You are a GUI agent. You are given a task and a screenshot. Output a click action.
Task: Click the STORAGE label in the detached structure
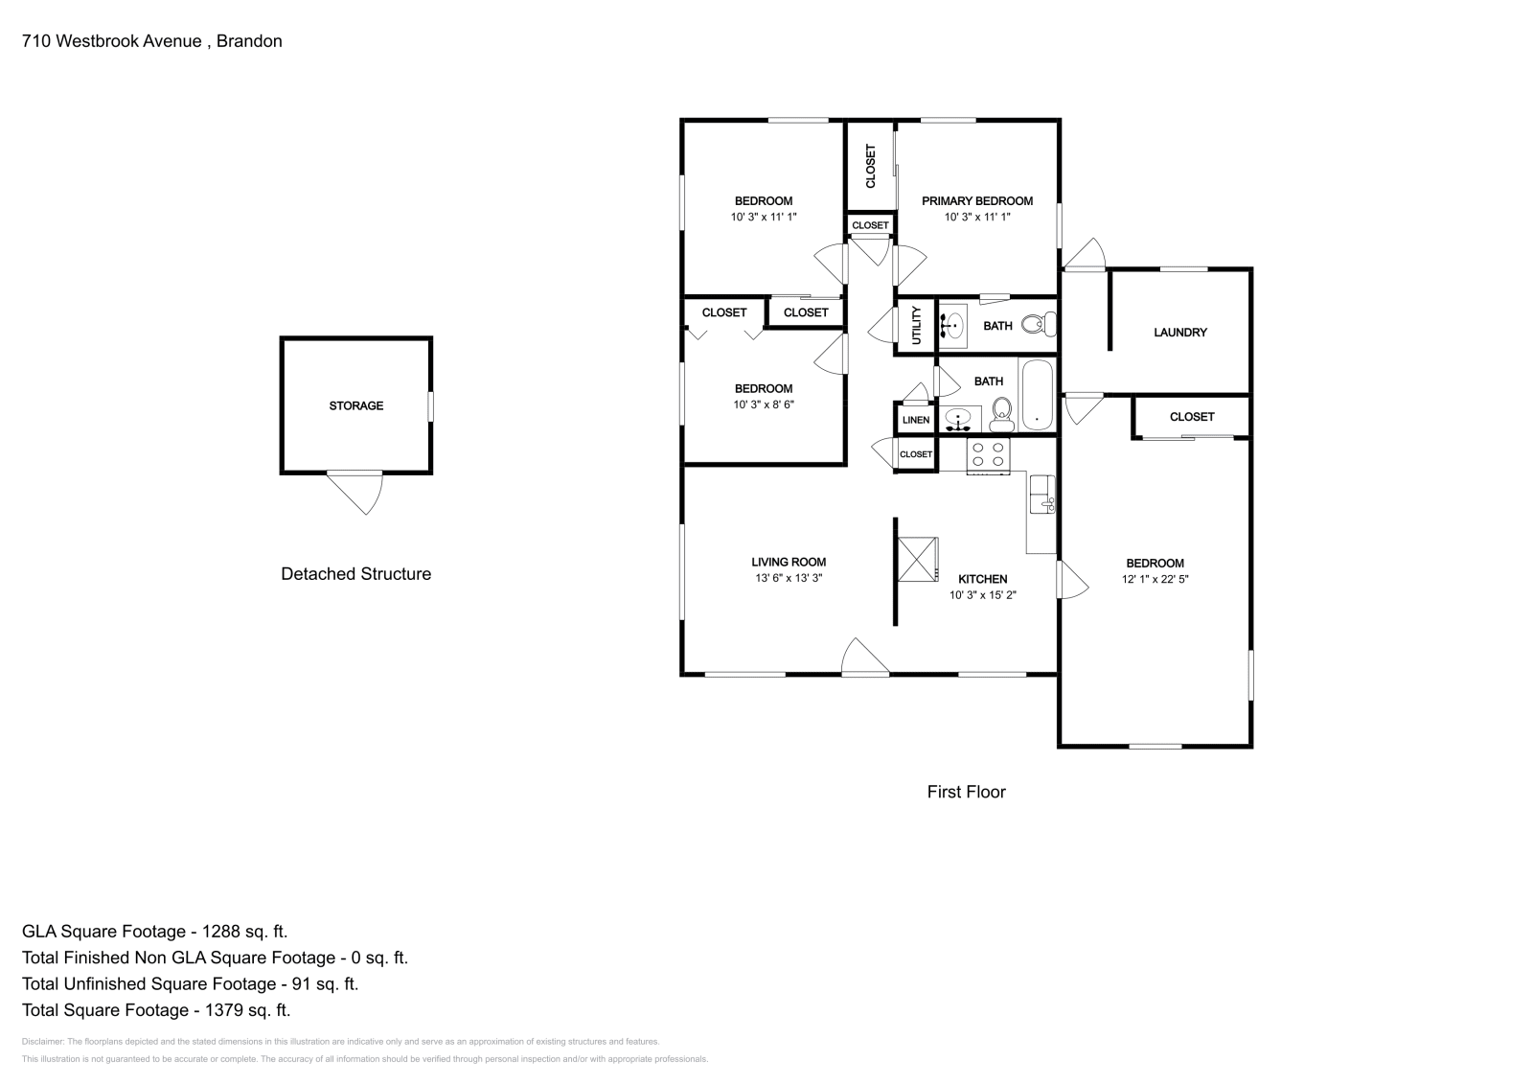click(x=355, y=405)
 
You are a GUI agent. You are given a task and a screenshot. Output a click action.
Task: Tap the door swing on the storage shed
click(x=360, y=491)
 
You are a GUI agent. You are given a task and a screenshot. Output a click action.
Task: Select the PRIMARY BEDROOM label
click(x=976, y=201)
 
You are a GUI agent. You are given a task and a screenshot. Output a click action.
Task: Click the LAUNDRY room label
click(x=1179, y=333)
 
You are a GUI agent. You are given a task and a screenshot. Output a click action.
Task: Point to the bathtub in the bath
click(x=1037, y=395)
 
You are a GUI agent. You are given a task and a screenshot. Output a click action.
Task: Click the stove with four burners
click(x=988, y=454)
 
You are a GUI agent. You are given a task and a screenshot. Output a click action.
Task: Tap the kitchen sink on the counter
click(x=1041, y=495)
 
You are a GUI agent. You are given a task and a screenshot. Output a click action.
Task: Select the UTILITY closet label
click(x=916, y=326)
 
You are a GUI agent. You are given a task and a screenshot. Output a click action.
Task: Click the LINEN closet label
click(x=915, y=420)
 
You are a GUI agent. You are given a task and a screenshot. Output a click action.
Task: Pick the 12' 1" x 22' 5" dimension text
click(x=1155, y=579)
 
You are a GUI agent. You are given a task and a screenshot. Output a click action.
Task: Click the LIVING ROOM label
click(x=788, y=563)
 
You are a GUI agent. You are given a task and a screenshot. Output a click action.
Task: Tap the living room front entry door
click(x=863, y=658)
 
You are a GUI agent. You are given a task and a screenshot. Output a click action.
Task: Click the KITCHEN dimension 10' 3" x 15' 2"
click(x=982, y=595)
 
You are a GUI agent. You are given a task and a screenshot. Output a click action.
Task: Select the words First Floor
click(x=966, y=792)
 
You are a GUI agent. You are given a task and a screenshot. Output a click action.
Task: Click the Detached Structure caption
click(x=355, y=574)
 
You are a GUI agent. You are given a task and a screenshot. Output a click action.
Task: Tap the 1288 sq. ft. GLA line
click(x=154, y=931)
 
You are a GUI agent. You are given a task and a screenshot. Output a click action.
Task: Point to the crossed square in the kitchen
click(x=918, y=559)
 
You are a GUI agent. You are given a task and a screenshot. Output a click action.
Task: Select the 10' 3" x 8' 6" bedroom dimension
click(x=763, y=404)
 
